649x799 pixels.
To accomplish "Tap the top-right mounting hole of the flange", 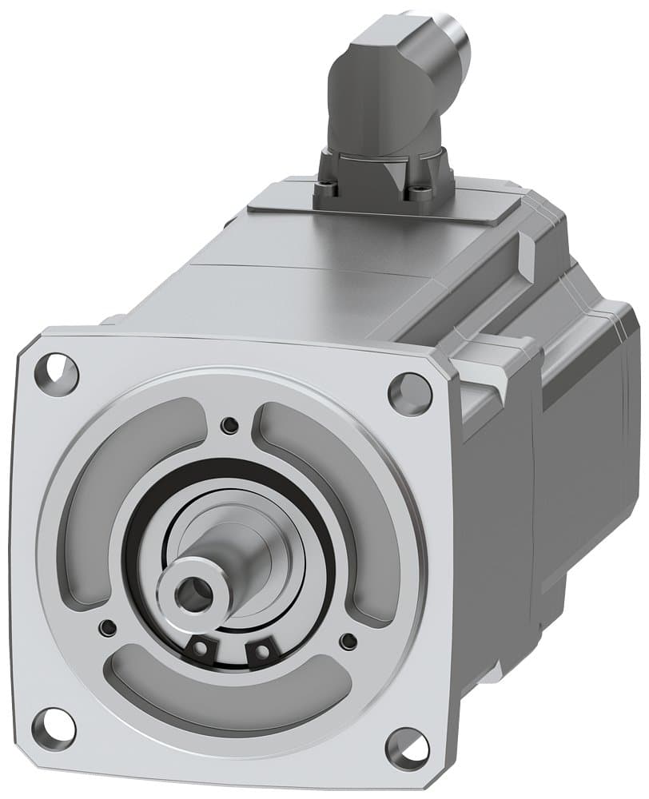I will point(405,391).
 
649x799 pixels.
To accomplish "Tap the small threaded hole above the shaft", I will point(231,423).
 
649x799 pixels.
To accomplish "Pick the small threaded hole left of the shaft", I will point(105,626).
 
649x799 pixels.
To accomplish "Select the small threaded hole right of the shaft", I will point(346,640).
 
